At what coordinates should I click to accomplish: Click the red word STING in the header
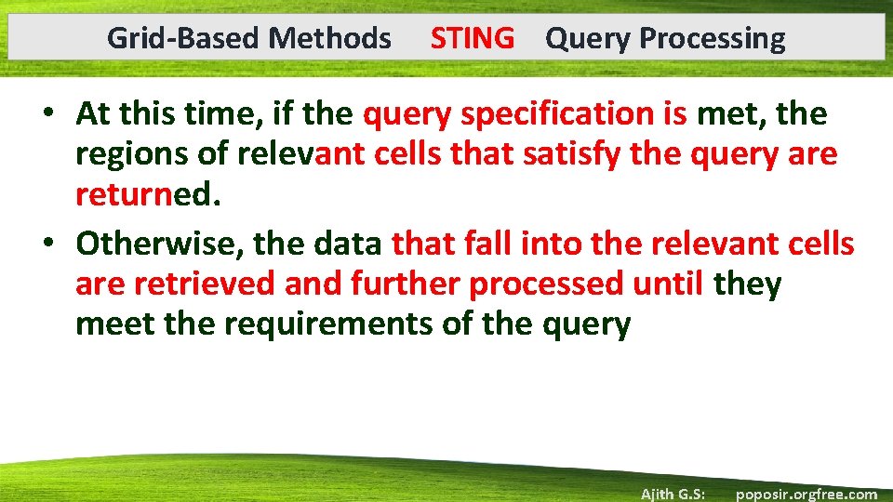click(472, 38)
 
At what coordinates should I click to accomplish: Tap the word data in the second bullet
click(349, 244)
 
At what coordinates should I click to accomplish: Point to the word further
click(406, 284)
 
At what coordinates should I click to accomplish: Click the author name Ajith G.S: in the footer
click(672, 494)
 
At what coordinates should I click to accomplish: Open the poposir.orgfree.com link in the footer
click(806, 494)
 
